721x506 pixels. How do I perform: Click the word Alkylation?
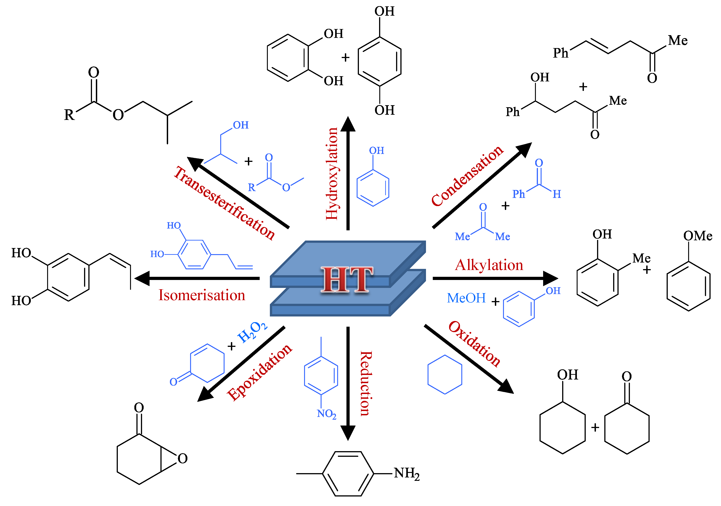489,265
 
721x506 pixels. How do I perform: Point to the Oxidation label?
474,344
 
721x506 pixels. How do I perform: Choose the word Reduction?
366,383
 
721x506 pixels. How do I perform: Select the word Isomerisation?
202,295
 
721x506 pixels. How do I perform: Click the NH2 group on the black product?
407,473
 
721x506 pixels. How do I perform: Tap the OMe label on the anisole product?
698,236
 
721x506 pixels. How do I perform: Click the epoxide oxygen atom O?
182,459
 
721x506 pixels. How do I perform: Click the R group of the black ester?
69,115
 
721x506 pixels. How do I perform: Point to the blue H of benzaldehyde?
557,194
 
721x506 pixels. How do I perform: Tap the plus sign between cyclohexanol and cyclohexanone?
595,428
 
